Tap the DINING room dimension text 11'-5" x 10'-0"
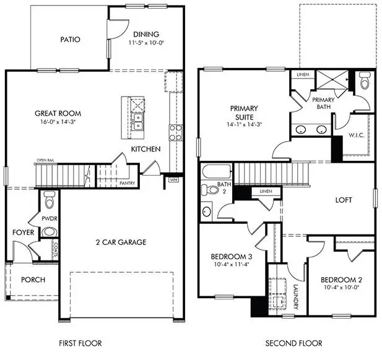click(x=145, y=44)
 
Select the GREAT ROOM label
click(x=58, y=114)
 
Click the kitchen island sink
click(x=138, y=118)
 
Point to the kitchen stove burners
click(x=175, y=132)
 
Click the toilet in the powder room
click(x=50, y=200)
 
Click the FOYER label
click(x=23, y=233)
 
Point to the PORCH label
click(x=33, y=280)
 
